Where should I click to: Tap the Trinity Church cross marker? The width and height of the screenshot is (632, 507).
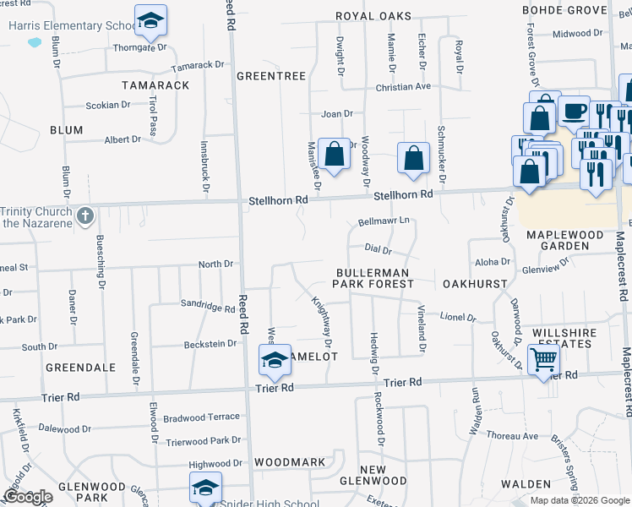click(84, 216)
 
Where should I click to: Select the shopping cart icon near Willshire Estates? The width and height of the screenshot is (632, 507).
click(543, 360)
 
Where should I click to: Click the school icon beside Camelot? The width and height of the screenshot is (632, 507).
click(275, 361)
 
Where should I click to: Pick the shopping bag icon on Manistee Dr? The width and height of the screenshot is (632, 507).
click(335, 155)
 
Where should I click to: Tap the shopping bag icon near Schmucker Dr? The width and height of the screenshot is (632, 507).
click(412, 158)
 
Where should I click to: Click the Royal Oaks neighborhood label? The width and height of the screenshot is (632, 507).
click(373, 16)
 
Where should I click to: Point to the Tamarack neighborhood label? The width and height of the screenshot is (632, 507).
click(155, 85)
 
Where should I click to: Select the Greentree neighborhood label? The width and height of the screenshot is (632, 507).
click(270, 76)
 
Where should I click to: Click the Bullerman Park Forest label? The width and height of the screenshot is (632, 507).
click(372, 279)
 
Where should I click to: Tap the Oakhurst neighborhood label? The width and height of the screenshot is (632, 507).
click(474, 284)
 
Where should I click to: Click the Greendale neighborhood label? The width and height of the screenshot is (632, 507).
click(80, 368)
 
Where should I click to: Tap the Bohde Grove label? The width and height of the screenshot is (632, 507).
click(564, 10)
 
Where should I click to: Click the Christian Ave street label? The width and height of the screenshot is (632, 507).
click(404, 87)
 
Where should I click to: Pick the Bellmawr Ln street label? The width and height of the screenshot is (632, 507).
click(384, 221)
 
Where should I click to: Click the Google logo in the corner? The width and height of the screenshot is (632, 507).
click(28, 497)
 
